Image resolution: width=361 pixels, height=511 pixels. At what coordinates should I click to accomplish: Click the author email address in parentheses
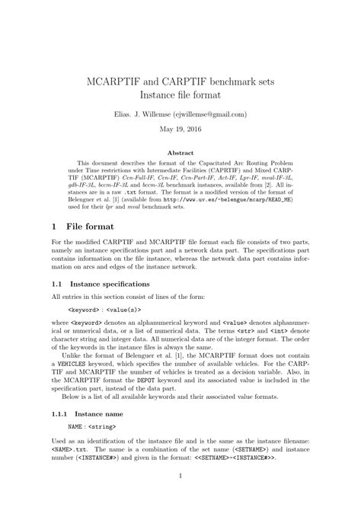coord(209,114)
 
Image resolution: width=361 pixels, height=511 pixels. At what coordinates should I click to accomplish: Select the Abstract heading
coord(180,153)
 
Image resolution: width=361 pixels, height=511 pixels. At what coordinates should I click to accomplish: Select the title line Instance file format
coord(180,94)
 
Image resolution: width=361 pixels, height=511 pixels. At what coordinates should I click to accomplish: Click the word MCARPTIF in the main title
coord(120,79)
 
